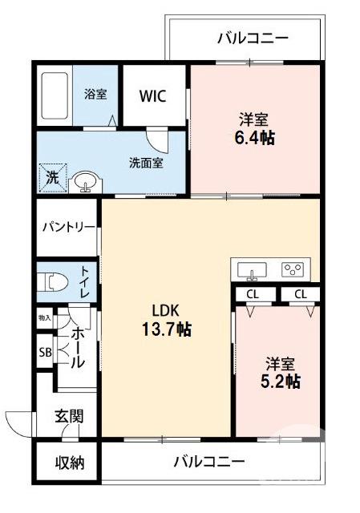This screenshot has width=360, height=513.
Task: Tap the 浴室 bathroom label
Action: (x=95, y=94)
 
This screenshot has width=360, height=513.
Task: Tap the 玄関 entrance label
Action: (x=69, y=416)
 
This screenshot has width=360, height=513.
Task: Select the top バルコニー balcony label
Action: (x=252, y=37)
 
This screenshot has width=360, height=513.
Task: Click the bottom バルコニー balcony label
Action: (x=208, y=462)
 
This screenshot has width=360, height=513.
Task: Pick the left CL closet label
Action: (x=253, y=294)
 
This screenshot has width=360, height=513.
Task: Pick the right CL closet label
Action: (x=300, y=294)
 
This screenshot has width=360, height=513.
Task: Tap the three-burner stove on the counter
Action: (x=294, y=269)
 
